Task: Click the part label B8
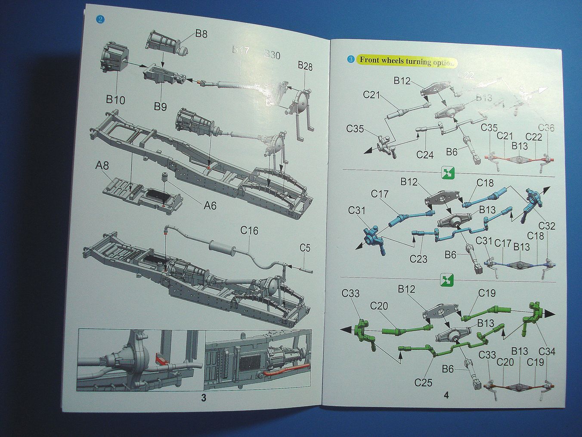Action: [201, 34]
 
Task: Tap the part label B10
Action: [115, 100]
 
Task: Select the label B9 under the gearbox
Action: [160, 106]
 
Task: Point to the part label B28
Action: [305, 66]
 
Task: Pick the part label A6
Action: [210, 206]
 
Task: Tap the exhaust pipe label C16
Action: [249, 231]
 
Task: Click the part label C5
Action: [305, 248]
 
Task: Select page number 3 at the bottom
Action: [204, 398]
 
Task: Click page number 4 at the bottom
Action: [446, 394]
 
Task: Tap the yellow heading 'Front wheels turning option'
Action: [406, 61]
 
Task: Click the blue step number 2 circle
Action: [100, 19]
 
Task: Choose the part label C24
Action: [425, 154]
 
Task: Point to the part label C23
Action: [418, 259]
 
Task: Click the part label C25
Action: [423, 382]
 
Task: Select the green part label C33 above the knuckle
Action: [350, 293]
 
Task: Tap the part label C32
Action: [546, 226]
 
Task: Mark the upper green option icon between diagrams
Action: [447, 174]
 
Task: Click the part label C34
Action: [546, 352]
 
